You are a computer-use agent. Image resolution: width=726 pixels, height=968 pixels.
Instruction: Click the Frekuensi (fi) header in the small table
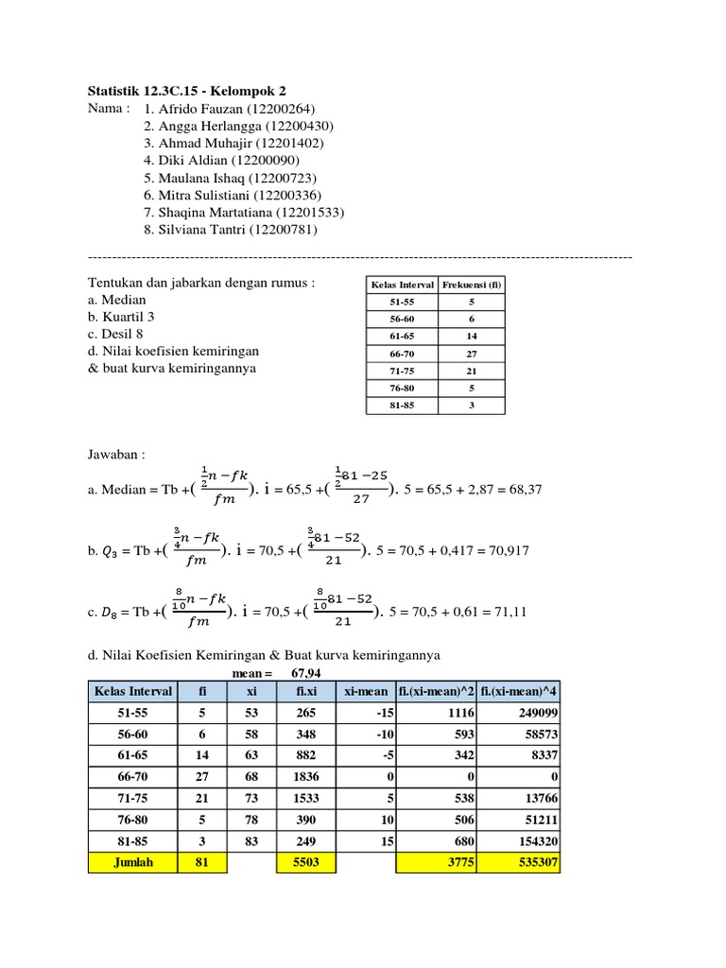(x=471, y=284)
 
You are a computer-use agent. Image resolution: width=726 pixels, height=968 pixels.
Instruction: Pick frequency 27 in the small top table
(x=471, y=353)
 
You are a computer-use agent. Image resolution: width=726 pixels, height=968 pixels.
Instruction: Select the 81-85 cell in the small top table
(x=401, y=405)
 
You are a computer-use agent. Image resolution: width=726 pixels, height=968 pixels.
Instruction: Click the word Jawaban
(x=115, y=455)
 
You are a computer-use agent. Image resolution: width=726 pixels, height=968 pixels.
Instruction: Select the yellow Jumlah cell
(x=132, y=862)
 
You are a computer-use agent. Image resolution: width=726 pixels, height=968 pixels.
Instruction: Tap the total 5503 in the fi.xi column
(x=301, y=862)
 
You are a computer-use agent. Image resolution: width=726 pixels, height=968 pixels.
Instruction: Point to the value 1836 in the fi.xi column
(x=301, y=777)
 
